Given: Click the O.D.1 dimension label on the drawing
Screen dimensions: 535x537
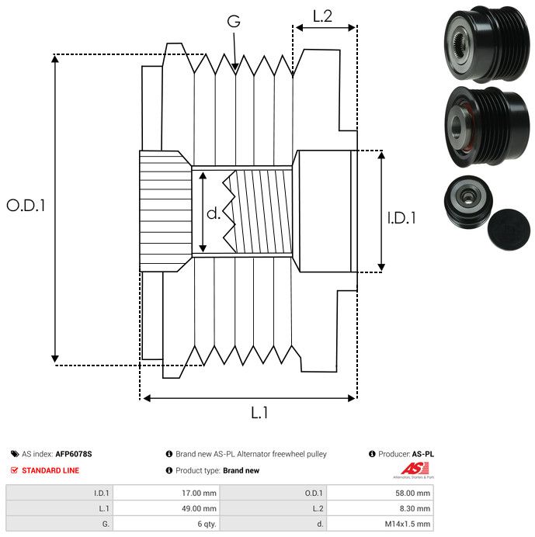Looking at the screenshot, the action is [x=26, y=206].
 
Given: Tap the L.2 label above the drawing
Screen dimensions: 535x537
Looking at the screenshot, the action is [x=322, y=16].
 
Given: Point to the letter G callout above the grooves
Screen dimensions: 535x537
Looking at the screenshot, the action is [x=234, y=21].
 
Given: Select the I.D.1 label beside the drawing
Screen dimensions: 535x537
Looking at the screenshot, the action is [x=401, y=218].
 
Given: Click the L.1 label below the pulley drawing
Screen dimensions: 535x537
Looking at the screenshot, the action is [x=259, y=413].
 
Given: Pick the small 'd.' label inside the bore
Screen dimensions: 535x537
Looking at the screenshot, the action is [x=214, y=213].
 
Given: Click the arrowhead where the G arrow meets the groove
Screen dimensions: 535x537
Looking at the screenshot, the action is [x=235, y=68].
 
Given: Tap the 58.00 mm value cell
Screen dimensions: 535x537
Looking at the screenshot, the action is [x=412, y=494].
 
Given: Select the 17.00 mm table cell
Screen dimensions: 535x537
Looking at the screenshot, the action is [x=199, y=494].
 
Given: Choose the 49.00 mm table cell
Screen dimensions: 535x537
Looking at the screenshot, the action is [x=199, y=508].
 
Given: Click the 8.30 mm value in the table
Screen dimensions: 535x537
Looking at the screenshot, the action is [x=415, y=508].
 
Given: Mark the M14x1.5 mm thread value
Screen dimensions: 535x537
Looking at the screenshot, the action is [x=408, y=524].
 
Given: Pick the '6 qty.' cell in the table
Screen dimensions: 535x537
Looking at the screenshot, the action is [x=207, y=524].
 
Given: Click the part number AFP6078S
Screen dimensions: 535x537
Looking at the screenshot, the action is [x=74, y=454].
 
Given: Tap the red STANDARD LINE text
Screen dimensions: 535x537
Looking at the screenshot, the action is [x=50, y=470].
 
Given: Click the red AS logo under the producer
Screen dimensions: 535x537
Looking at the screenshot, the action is [x=415, y=468].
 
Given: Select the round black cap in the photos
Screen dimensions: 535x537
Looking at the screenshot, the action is [x=509, y=230].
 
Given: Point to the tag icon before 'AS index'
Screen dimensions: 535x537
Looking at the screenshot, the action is [x=15, y=454].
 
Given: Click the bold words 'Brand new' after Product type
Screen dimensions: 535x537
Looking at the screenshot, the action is [x=241, y=470].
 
